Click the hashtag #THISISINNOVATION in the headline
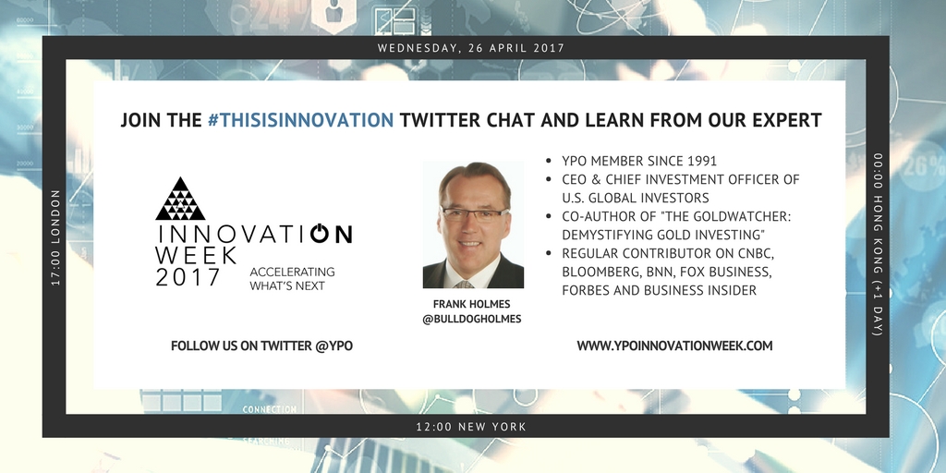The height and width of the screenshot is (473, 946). pos(300,120)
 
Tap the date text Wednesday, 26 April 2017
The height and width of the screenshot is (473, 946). pos(471,48)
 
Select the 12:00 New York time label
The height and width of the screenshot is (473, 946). pos(471,427)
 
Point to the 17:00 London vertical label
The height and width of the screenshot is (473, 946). pos(56,237)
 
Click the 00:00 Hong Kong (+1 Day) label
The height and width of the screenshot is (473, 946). pos(878,245)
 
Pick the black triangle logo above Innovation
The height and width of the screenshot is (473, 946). pos(180,199)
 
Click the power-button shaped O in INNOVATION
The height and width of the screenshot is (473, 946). pos(320,234)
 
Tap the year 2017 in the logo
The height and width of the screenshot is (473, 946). pos(188,277)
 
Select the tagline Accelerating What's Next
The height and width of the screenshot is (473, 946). pos(292,279)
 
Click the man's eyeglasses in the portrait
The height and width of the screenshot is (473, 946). pos(474,213)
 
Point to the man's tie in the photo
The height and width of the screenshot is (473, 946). pos(464,284)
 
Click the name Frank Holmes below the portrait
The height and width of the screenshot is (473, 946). pos(472,304)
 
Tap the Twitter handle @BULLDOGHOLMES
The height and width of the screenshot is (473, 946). pos(472,319)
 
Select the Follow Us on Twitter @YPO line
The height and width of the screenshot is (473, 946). pos(261,346)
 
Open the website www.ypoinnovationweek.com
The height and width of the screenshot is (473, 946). pos(674,346)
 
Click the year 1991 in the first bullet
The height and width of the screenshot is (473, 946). pos(701,161)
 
